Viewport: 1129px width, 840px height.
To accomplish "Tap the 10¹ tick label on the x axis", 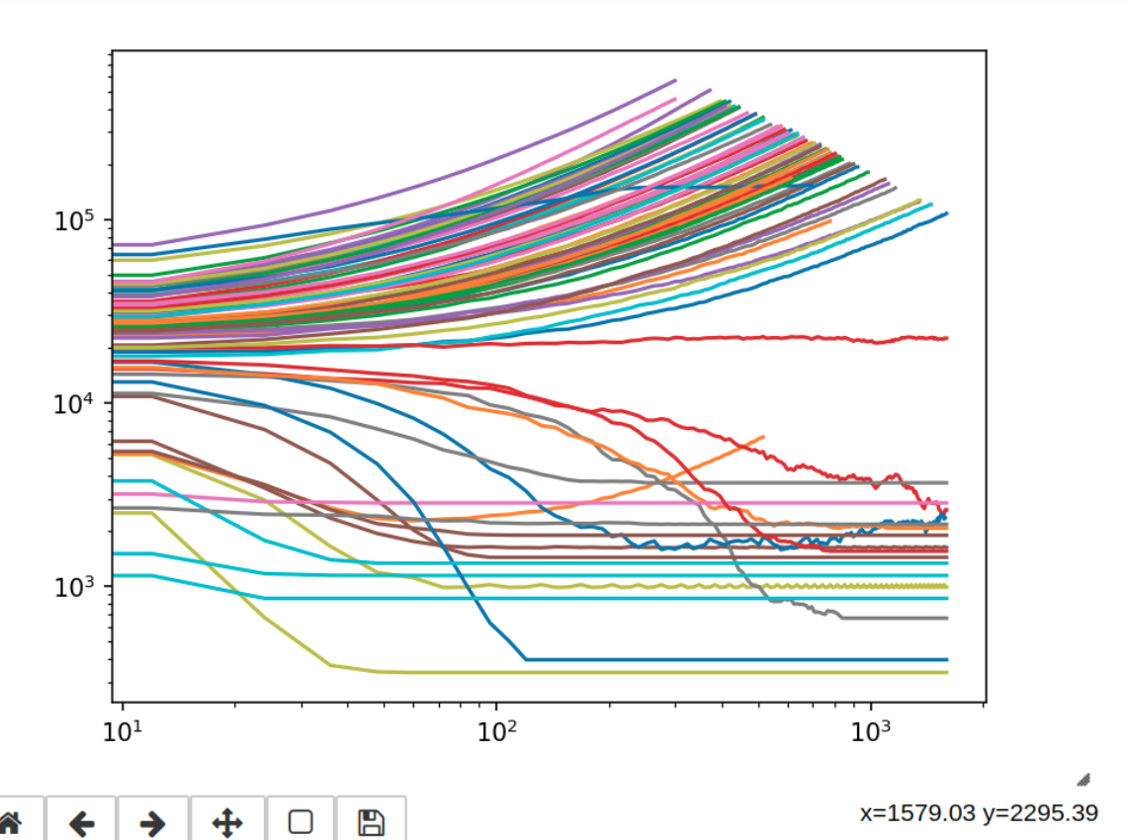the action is click(x=123, y=730).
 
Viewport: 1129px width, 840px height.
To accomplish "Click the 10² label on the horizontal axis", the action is click(x=497, y=730).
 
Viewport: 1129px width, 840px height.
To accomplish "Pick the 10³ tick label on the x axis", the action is click(x=871, y=730).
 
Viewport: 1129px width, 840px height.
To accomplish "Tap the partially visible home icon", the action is click(x=9, y=822).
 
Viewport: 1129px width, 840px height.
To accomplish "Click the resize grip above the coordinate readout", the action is click(x=1084, y=779).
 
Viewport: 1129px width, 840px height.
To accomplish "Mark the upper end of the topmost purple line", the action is click(x=675, y=80).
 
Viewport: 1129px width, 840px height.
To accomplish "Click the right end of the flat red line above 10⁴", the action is click(x=947, y=338).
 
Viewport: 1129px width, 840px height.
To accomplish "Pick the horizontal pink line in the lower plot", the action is click(x=531, y=501).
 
